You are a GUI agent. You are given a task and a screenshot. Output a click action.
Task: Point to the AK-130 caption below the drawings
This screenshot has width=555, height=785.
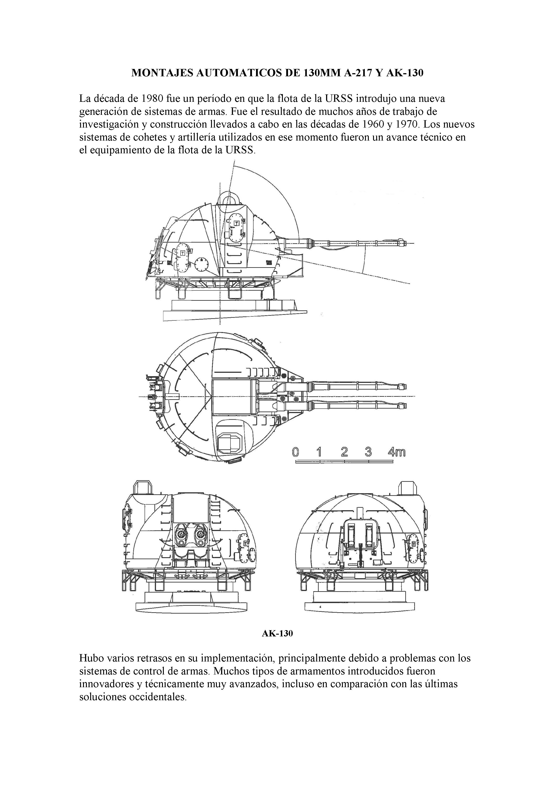click(x=277, y=633)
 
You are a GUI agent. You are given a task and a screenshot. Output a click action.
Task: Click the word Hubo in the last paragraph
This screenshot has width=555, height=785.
click(x=92, y=658)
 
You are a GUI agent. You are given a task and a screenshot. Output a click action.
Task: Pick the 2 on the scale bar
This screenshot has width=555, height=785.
click(x=344, y=452)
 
